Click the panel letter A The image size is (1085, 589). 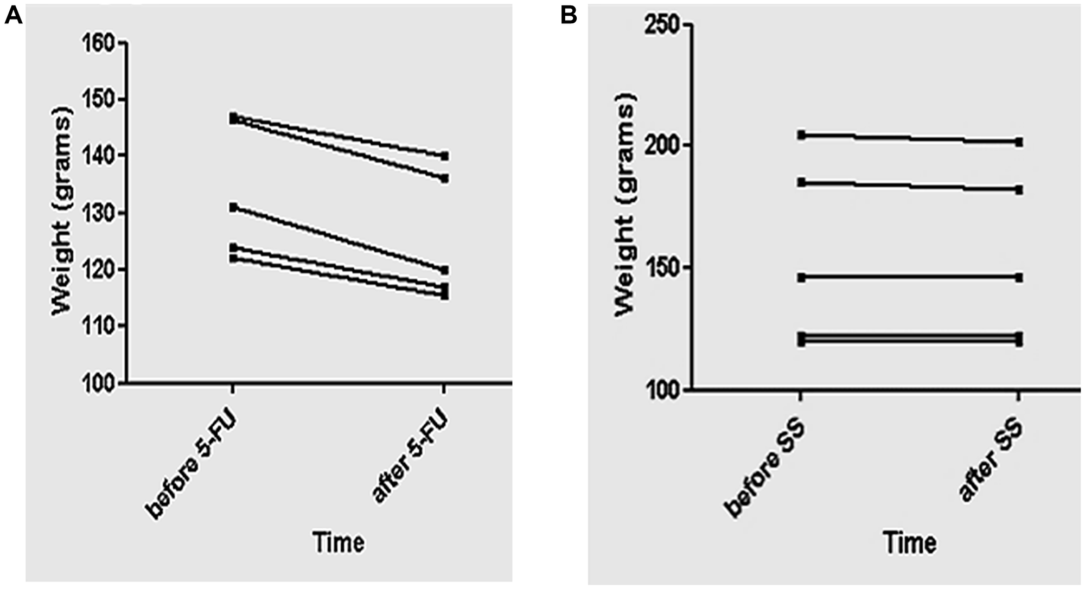coord(13,16)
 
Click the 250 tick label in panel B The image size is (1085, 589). coord(662,25)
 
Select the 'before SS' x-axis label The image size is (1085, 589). coord(765,469)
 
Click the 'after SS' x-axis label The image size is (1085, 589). coord(991,461)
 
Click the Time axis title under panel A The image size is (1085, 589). coord(339,543)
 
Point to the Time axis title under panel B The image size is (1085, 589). coord(910,543)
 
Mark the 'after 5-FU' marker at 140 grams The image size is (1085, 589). coord(445,156)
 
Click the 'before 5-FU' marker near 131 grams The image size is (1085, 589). coord(233,207)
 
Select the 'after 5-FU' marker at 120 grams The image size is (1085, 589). coord(445,270)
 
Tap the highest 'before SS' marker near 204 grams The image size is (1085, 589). coord(801,135)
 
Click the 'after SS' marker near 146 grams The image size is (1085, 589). coord(1019,278)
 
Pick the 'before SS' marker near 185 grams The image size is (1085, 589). coord(801,182)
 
